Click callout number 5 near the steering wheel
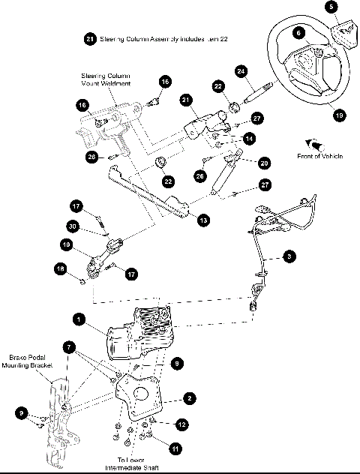point(332,7)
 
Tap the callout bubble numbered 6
point(298,32)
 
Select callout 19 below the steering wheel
point(339,115)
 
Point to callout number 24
point(241,71)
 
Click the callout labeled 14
point(248,138)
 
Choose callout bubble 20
point(263,163)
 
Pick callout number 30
point(72,226)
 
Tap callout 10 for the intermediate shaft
point(66,244)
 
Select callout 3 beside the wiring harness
point(289,256)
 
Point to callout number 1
point(78,319)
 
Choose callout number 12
point(181,424)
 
